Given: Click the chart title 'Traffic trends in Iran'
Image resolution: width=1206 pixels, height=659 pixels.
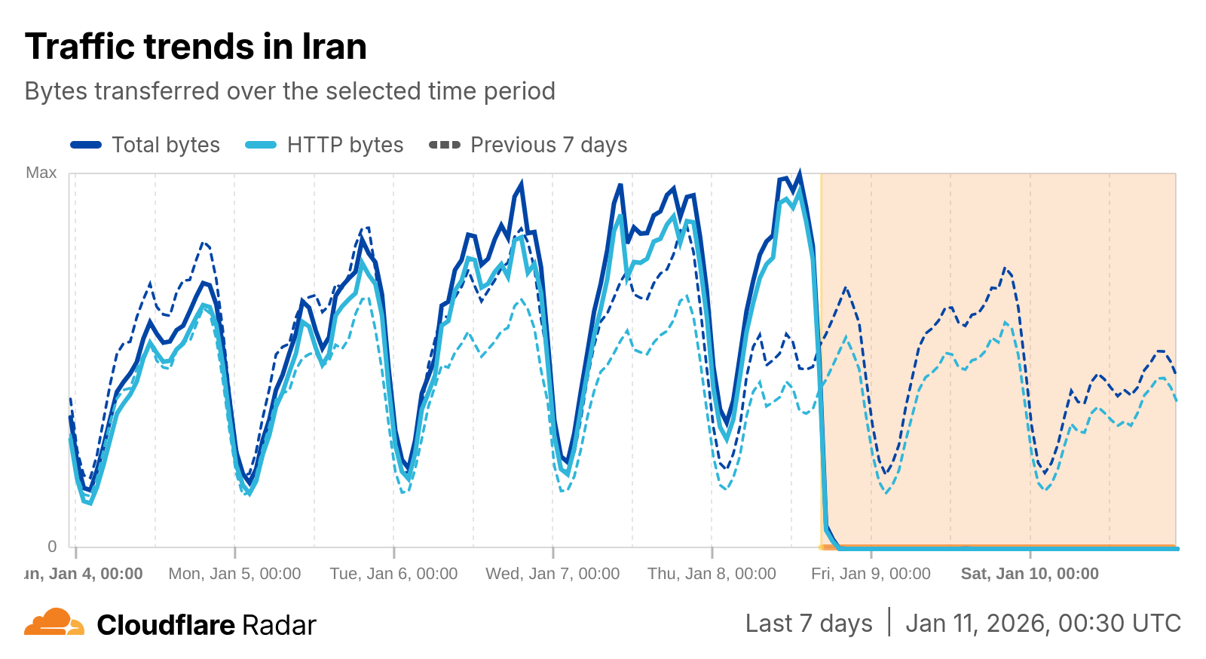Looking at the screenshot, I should pos(196,47).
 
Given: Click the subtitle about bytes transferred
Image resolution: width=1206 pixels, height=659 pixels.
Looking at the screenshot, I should pos(290,91).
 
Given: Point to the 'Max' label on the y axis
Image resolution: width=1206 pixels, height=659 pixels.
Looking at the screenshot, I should pos(41,173).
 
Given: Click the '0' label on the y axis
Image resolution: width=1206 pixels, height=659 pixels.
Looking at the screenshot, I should pos(52,546).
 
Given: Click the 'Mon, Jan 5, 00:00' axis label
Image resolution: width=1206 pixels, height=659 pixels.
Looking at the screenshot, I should pos(234,574).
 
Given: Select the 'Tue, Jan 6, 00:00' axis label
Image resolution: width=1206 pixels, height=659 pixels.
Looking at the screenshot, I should pos(393,574).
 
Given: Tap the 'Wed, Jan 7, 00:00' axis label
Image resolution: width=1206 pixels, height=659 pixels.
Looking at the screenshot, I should pos(552,574).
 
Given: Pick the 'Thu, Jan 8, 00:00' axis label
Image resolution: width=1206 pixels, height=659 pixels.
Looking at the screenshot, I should pos(712,574).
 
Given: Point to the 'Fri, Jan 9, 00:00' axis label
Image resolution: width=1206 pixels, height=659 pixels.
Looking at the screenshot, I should pos(871,574).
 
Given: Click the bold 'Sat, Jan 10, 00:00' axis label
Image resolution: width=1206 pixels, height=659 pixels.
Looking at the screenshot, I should pos(1030,574).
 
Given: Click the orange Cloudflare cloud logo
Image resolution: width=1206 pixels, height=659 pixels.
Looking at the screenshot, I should pos(54,623).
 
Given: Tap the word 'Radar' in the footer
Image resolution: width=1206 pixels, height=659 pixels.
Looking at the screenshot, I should pos(279,625).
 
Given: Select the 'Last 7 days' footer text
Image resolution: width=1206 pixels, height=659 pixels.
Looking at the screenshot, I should pos(809,624).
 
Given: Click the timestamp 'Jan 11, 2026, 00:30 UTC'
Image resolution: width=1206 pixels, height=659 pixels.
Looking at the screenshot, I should pos(1043,624).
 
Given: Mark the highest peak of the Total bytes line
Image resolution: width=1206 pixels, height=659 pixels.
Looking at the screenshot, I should pos(800,173).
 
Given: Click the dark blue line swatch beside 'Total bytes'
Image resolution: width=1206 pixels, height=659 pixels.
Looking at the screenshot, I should pos(86,145).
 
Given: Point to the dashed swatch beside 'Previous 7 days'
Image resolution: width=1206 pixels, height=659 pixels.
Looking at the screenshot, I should pos(445,145).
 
